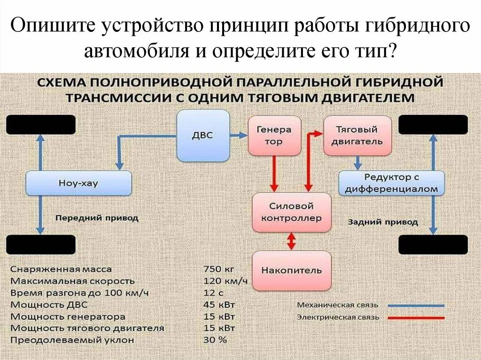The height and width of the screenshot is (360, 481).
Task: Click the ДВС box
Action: tap(202, 136)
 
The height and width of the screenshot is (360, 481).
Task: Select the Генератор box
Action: tap(274, 135)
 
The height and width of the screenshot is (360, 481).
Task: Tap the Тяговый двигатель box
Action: tap(357, 135)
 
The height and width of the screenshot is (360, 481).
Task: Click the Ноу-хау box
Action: tap(78, 183)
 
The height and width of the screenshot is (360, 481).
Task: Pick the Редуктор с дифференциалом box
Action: tap(391, 183)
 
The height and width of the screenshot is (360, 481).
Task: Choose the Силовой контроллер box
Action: tap(291, 212)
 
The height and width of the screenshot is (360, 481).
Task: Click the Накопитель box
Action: tap(291, 270)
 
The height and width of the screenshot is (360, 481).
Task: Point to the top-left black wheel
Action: tap(40, 125)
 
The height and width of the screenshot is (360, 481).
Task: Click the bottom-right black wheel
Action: tap(433, 245)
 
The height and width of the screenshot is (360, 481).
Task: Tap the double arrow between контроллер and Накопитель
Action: tap(291, 241)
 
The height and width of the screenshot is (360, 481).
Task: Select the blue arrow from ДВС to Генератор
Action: tap(239, 135)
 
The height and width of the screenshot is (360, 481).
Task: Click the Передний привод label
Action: tap(97, 218)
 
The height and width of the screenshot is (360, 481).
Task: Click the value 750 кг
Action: tap(218, 269)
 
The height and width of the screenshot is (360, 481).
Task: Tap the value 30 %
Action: tap(215, 339)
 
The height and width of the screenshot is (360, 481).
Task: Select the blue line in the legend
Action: tap(416, 306)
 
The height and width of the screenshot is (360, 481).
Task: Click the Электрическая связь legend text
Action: tap(337, 317)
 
